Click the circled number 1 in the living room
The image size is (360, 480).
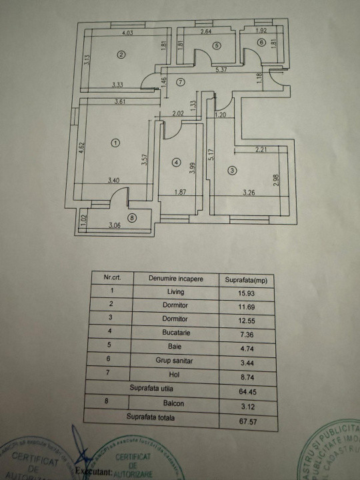tap(115, 143)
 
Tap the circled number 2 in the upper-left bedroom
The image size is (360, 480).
tap(121, 55)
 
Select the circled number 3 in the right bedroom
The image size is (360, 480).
tap(231, 170)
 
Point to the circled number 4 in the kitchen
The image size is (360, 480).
tap(176, 161)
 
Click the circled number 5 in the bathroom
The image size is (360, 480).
tap(217, 45)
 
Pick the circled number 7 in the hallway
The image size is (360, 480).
tap(181, 82)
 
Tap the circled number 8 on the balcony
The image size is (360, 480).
tap(131, 217)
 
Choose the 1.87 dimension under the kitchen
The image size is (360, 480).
tap(181, 193)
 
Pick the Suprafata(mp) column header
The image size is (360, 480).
tap(247, 279)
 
